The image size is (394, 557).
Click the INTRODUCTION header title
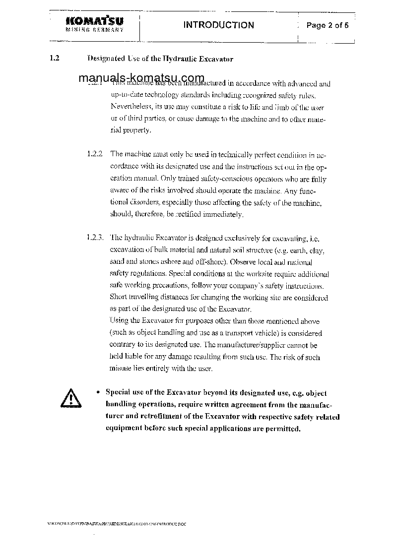tap(218, 25)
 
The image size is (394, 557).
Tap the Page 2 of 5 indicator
tap(328, 25)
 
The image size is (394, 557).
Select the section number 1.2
tap(55, 58)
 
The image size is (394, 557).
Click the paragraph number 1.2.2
tap(94, 154)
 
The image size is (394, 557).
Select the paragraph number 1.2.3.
tap(95, 237)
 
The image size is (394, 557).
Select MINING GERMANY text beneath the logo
tap(94, 30)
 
